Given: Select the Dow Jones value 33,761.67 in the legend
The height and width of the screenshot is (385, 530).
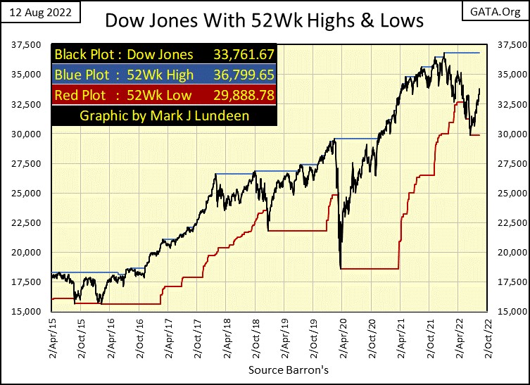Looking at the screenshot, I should click(x=242, y=54).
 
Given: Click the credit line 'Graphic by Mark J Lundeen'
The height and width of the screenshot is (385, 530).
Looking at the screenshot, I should click(x=165, y=115).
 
